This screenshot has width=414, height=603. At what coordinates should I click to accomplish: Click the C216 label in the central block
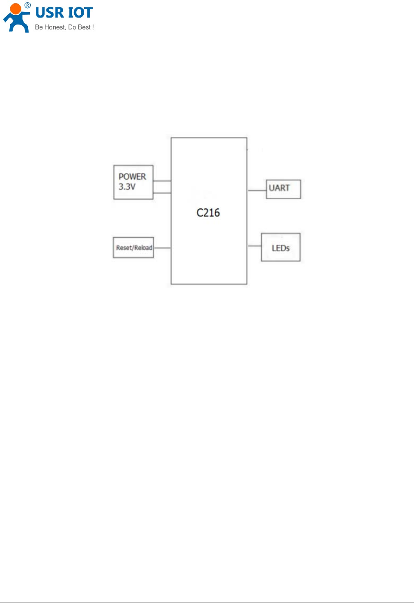tap(208, 213)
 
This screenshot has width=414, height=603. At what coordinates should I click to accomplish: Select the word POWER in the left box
tap(132, 176)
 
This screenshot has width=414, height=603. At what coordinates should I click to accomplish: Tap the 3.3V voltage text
tap(127, 187)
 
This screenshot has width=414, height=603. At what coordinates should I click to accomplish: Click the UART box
tap(283, 189)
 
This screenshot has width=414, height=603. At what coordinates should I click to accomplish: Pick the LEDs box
tap(280, 247)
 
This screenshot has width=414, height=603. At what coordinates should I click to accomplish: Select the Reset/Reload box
tap(134, 248)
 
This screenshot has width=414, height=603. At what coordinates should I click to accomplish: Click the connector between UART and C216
tap(257, 190)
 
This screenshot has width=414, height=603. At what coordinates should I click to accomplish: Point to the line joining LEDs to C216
tap(254, 246)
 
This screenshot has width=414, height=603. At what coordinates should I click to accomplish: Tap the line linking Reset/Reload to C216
tap(162, 248)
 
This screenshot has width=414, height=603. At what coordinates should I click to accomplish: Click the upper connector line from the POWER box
tap(162, 181)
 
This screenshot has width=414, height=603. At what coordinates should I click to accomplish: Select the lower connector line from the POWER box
tap(162, 193)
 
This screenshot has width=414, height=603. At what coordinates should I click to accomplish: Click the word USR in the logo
tap(50, 13)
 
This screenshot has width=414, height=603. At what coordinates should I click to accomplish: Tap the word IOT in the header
tap(80, 13)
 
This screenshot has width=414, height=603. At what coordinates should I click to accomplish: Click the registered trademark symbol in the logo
tap(28, 5)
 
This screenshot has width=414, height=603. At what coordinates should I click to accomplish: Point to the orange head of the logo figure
tap(16, 9)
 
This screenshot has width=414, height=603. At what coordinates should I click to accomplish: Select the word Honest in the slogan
tap(55, 27)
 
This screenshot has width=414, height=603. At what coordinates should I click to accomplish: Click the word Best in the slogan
tap(84, 27)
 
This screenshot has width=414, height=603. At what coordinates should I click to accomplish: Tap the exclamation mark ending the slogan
tap(93, 27)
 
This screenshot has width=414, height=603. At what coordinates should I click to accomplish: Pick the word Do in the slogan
tap(72, 27)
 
